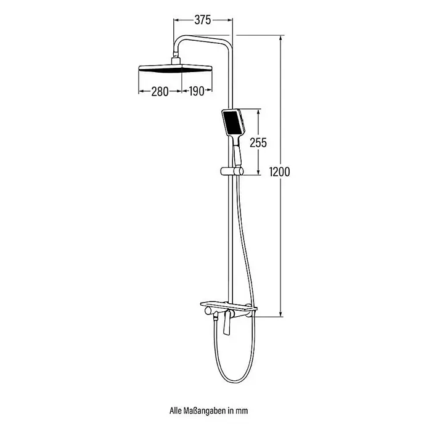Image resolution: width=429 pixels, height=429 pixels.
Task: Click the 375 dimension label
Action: pyautogui.click(x=203, y=20)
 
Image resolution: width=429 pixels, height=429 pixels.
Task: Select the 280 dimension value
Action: pyautogui.click(x=160, y=91)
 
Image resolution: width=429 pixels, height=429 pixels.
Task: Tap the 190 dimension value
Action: pyautogui.click(x=197, y=91)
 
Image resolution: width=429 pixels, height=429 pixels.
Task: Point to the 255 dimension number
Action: pyautogui.click(x=258, y=142)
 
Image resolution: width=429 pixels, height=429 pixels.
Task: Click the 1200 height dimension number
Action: pyautogui.click(x=279, y=172)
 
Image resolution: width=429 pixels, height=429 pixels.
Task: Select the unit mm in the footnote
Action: pyautogui.click(x=242, y=411)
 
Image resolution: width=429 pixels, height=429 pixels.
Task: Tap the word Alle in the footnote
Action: pyautogui.click(x=175, y=411)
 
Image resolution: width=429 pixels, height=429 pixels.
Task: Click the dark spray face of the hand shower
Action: pyautogui.click(x=232, y=122)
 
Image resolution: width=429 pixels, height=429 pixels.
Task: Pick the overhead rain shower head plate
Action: pyautogui.click(x=175, y=68)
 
